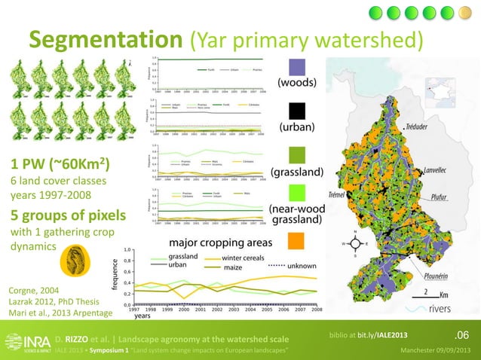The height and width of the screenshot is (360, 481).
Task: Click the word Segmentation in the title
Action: pyautogui.click(x=103, y=38)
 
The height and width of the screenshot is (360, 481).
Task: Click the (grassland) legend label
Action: pyautogui.click(x=298, y=172)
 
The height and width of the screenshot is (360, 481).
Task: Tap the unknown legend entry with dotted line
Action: pyautogui.click(x=299, y=265)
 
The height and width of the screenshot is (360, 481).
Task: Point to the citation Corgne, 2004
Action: pyautogui.click(x=33, y=289)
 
